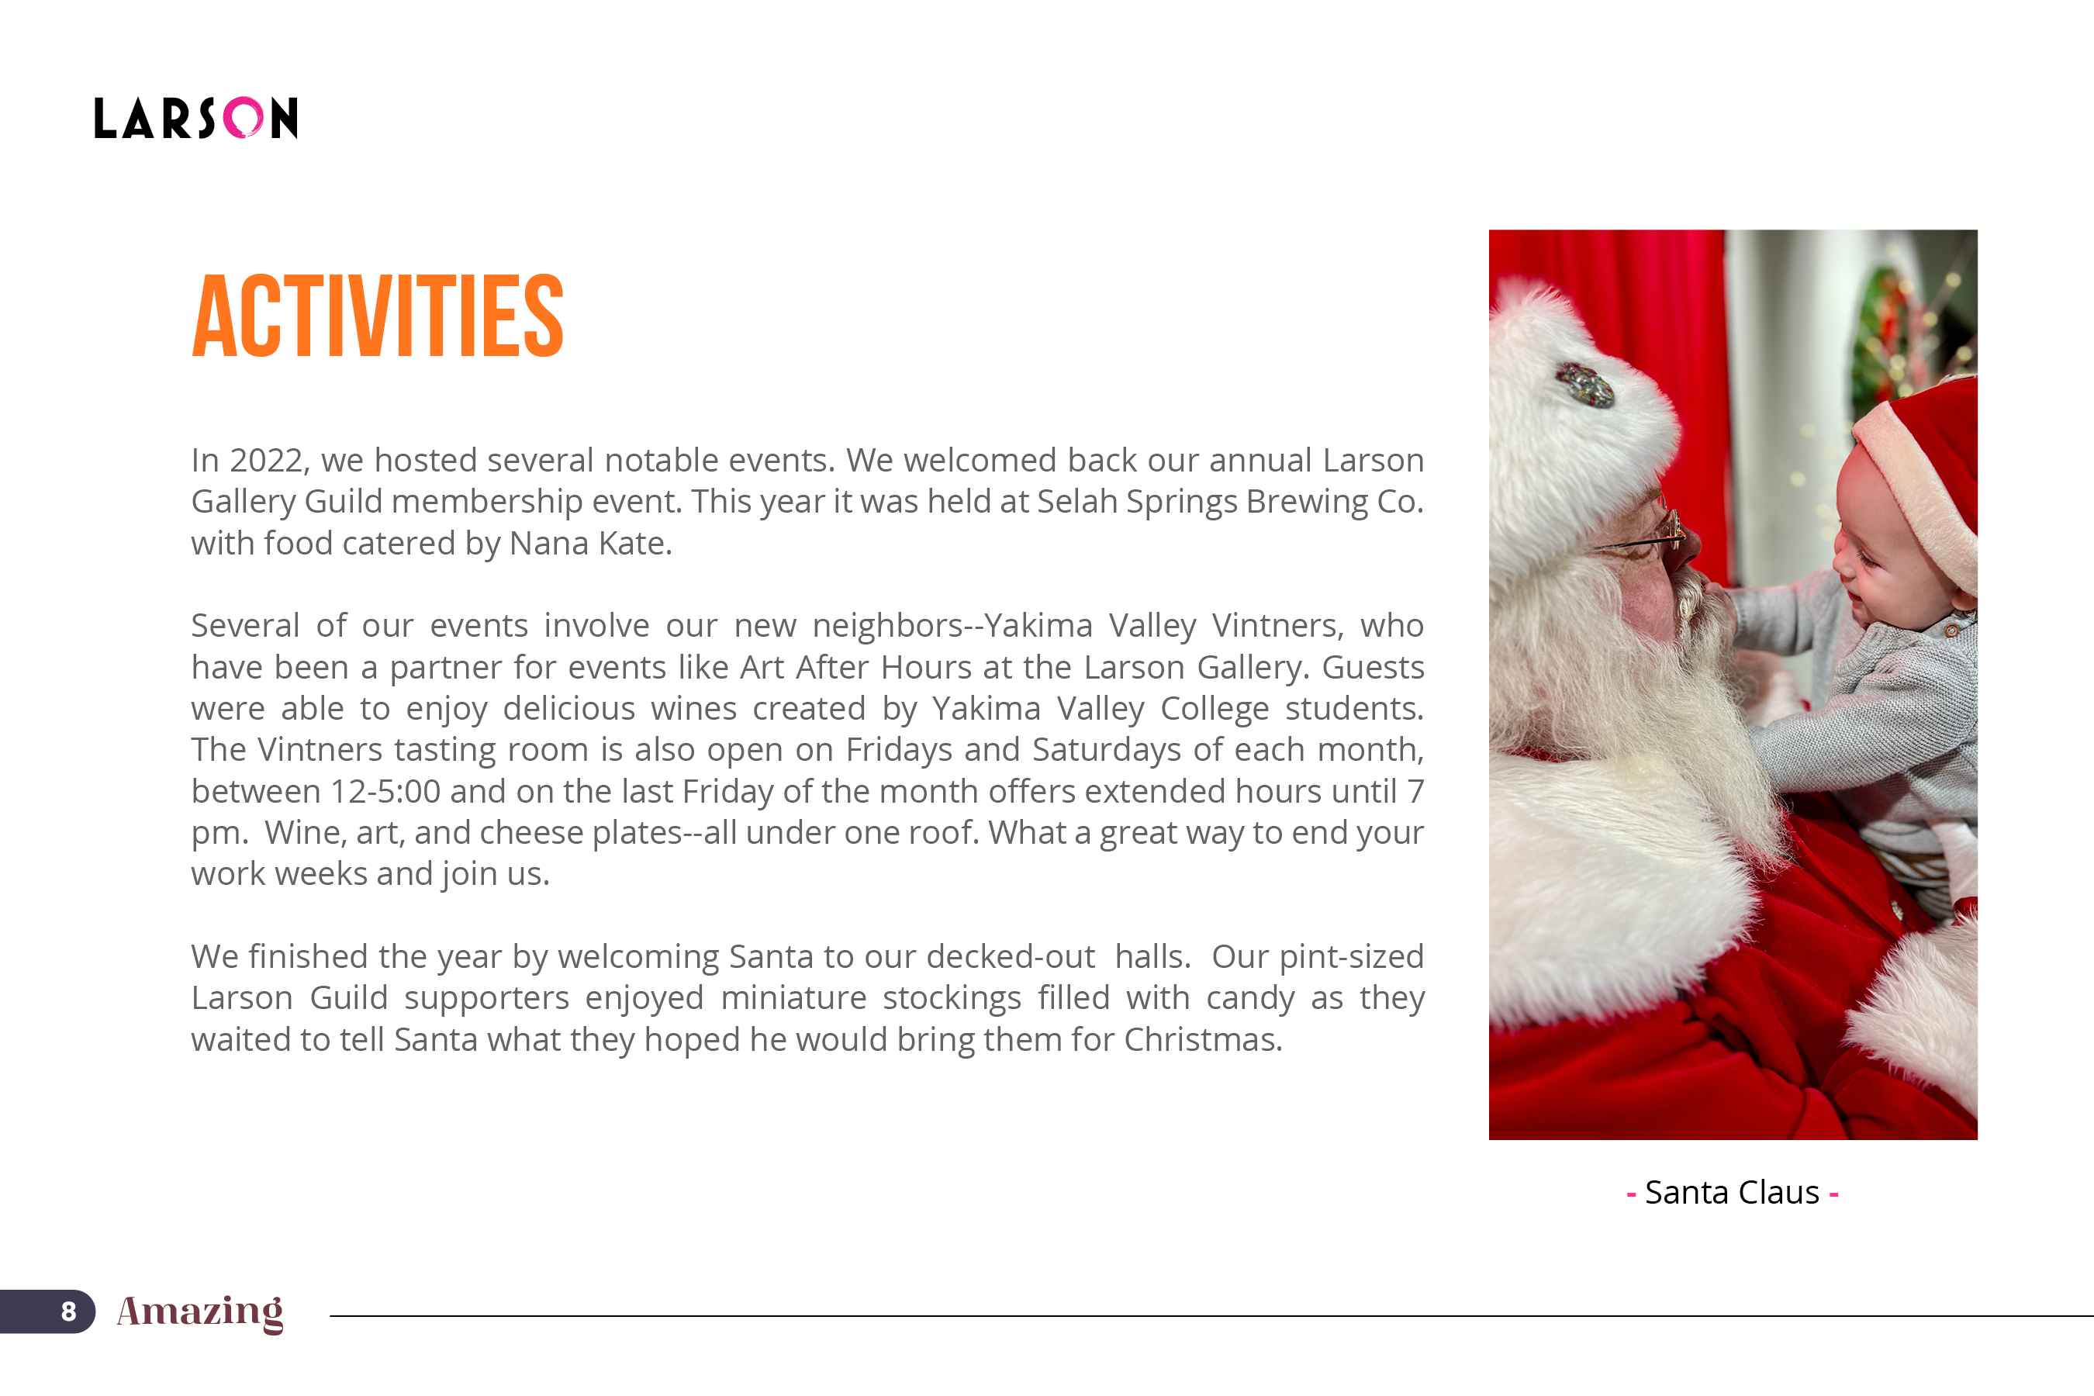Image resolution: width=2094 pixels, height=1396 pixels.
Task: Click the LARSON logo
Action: pos(196,118)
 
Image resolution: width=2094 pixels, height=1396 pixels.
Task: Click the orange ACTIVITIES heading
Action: pos(378,316)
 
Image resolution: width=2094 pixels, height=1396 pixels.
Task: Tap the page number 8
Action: pos(68,1311)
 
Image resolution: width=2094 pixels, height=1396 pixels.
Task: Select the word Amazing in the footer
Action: pos(200,1311)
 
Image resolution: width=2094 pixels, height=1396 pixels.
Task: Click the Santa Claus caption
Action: pos(1732,1192)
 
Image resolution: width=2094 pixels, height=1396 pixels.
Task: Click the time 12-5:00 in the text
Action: pos(385,792)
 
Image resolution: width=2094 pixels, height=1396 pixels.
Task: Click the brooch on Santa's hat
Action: pos(1584,385)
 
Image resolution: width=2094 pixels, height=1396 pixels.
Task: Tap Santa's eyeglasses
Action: pos(1647,534)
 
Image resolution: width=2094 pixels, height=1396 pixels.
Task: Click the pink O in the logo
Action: pos(243,118)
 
